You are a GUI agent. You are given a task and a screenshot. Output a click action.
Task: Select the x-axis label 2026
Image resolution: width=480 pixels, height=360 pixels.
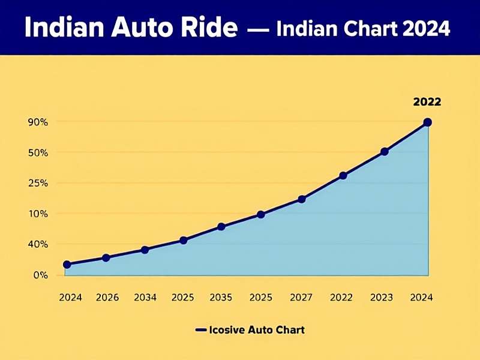click(107, 297)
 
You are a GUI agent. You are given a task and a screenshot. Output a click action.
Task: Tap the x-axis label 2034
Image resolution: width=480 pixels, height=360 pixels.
click(145, 297)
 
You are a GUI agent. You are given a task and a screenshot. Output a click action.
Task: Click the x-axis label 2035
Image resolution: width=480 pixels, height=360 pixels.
click(221, 297)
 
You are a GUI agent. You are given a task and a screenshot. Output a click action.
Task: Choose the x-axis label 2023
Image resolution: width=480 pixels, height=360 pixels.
click(382, 297)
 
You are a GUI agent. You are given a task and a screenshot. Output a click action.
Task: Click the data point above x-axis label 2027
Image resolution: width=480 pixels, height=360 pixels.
click(302, 199)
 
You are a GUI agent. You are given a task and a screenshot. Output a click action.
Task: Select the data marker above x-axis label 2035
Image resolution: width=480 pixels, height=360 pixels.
click(221, 227)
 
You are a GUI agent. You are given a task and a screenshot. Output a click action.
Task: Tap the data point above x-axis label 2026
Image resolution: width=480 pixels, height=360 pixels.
click(106, 258)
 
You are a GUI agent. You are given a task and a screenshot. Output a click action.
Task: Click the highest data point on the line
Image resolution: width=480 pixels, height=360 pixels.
click(427, 122)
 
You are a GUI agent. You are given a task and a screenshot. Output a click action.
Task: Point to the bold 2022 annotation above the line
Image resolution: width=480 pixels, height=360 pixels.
click(427, 102)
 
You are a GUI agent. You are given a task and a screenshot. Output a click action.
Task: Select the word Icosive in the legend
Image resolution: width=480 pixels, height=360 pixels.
click(229, 330)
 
